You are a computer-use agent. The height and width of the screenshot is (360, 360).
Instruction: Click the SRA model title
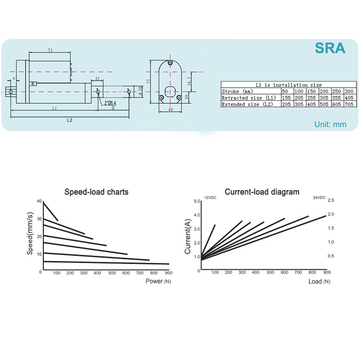(x=330, y=48)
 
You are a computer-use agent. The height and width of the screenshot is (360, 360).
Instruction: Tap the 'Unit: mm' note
(x=330, y=125)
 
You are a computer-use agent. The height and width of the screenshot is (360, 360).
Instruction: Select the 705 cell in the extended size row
(x=349, y=104)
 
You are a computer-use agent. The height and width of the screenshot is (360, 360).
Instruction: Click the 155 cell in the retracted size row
(x=286, y=98)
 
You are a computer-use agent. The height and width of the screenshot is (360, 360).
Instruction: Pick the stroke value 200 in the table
(x=324, y=91)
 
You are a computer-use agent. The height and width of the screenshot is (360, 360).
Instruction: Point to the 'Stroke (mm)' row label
(x=237, y=91)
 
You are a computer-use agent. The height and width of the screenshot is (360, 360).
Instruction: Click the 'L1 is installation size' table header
(x=289, y=85)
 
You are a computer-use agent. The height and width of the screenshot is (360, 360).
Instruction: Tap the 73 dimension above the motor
(x=50, y=50)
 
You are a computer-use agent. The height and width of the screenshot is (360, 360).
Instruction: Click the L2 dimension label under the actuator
(x=69, y=120)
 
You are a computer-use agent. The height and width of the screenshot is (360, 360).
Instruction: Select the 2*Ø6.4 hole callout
(x=110, y=103)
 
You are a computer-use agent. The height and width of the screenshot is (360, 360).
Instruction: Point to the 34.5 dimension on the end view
(x=189, y=81)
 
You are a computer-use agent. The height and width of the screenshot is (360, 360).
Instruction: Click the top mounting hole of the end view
(x=170, y=63)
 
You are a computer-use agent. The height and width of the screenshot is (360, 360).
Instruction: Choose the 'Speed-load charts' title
(x=96, y=192)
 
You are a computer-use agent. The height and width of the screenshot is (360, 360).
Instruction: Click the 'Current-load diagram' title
(x=262, y=192)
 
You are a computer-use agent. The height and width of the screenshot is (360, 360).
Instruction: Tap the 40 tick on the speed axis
(x=39, y=201)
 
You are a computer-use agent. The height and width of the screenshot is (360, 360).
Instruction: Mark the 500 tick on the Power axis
(x=112, y=273)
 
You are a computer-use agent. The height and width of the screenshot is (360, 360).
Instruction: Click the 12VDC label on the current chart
(x=210, y=198)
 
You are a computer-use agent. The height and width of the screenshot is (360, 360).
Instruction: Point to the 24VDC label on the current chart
(x=319, y=197)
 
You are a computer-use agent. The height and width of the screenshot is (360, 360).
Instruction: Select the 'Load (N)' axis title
(x=319, y=282)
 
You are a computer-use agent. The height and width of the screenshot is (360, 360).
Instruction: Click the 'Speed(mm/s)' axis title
(x=30, y=233)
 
